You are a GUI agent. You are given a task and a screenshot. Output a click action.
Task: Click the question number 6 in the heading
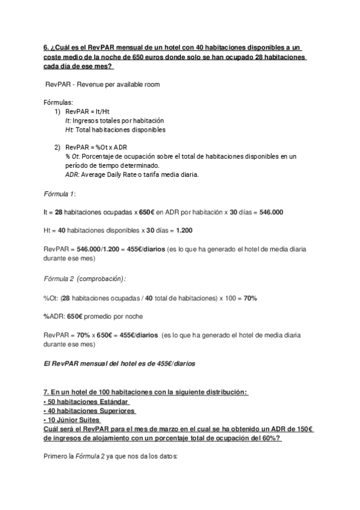click(x=47, y=48)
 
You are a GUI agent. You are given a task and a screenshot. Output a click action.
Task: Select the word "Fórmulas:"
click(x=59, y=103)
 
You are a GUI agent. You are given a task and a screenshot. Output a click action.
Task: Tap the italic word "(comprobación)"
click(x=104, y=279)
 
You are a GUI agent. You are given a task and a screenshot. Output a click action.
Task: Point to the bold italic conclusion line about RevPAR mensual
click(x=120, y=363)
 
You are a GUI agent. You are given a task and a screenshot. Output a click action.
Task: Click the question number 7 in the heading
click(x=47, y=393)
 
